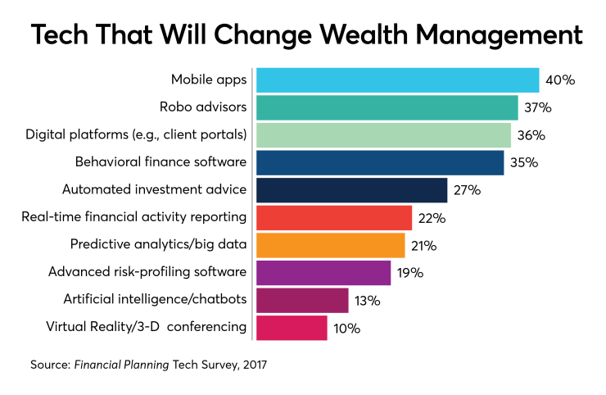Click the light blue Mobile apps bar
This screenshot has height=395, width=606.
click(x=397, y=80)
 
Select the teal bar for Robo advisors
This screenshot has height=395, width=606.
click(x=387, y=107)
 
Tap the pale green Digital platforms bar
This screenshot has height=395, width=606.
click(x=383, y=135)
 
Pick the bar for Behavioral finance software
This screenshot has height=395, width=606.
click(x=380, y=162)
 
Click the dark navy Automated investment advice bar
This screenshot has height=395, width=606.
click(x=351, y=190)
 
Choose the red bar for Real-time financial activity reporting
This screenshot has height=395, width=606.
click(x=333, y=218)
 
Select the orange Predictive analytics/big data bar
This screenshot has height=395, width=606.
click(x=330, y=245)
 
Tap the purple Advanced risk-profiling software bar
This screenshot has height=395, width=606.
click(x=323, y=273)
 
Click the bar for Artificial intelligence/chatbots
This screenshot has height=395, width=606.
click(x=302, y=300)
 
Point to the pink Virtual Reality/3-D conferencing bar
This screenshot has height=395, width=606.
click(x=292, y=328)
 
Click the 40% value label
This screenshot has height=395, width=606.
click(x=561, y=80)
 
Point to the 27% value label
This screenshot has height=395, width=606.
click(x=466, y=190)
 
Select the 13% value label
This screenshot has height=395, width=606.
click(x=367, y=301)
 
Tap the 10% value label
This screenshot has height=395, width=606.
click(x=346, y=328)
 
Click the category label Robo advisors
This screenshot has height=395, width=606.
click(x=202, y=107)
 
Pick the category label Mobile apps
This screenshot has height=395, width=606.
click(x=208, y=80)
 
